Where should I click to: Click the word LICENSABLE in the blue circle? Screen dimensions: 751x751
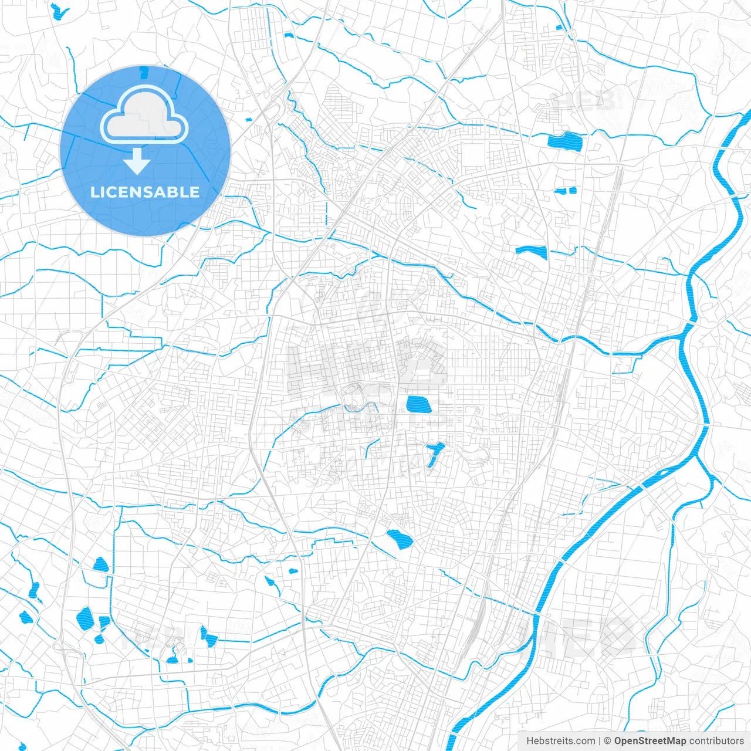[145, 192]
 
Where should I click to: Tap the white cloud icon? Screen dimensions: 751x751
[144, 116]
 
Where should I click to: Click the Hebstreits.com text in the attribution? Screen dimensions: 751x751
[560, 741]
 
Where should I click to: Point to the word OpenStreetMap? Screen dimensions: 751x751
[650, 741]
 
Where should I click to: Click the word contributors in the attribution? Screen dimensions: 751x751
[716, 741]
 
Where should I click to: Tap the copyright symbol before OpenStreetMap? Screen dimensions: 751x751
[608, 741]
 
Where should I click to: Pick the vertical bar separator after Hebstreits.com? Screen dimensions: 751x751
[600, 741]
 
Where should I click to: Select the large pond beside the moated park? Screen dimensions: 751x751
[418, 404]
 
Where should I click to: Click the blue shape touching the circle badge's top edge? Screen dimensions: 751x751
[143, 72]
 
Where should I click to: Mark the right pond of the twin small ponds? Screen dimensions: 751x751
[571, 190]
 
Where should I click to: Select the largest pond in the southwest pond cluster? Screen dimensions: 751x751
[85, 618]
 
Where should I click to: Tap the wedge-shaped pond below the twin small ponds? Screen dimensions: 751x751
[532, 252]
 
